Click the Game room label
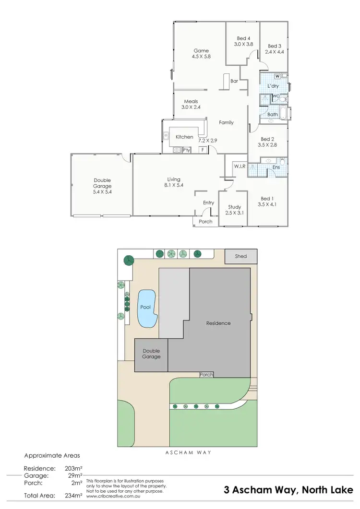pyautogui.click(x=202, y=50)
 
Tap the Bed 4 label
pyautogui.click(x=243, y=38)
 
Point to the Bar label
pyautogui.click(x=234, y=81)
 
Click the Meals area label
pyautogui.click(x=191, y=101)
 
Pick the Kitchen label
pyautogui.click(x=184, y=137)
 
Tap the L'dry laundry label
pyautogui.click(x=273, y=86)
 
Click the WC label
pyautogui.click(x=276, y=96)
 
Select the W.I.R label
pyautogui.click(x=240, y=166)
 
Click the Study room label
pyautogui.click(x=235, y=207)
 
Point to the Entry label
pyautogui.click(x=208, y=203)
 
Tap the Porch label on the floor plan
pyautogui.click(x=205, y=222)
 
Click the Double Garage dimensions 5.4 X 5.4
pyautogui.click(x=102, y=191)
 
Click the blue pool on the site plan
pyautogui.click(x=147, y=308)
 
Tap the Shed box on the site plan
pyautogui.click(x=241, y=256)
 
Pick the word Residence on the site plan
pyautogui.click(x=218, y=323)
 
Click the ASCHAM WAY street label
pyautogui.click(x=188, y=452)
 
